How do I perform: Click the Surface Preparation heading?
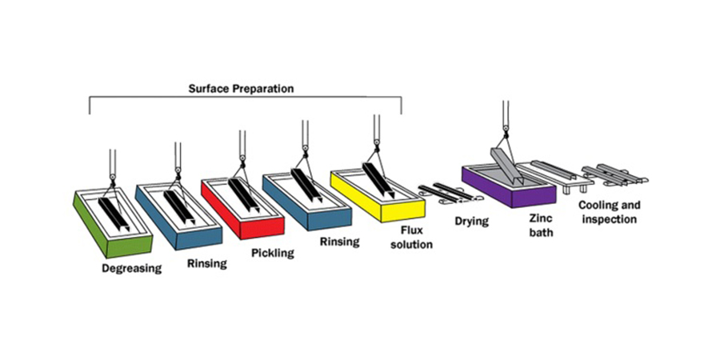tap(241, 89)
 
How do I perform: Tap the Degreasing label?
tap(132, 268)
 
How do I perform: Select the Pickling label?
tap(272, 253)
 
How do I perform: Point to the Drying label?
tap(471, 222)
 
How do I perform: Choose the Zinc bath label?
tap(539, 225)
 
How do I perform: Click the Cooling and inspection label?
tap(610, 212)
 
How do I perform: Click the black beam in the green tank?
tap(114, 214)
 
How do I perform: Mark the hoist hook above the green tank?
tap(112, 178)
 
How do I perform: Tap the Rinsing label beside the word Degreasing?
tap(207, 263)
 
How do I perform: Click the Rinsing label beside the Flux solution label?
tap(339, 241)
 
